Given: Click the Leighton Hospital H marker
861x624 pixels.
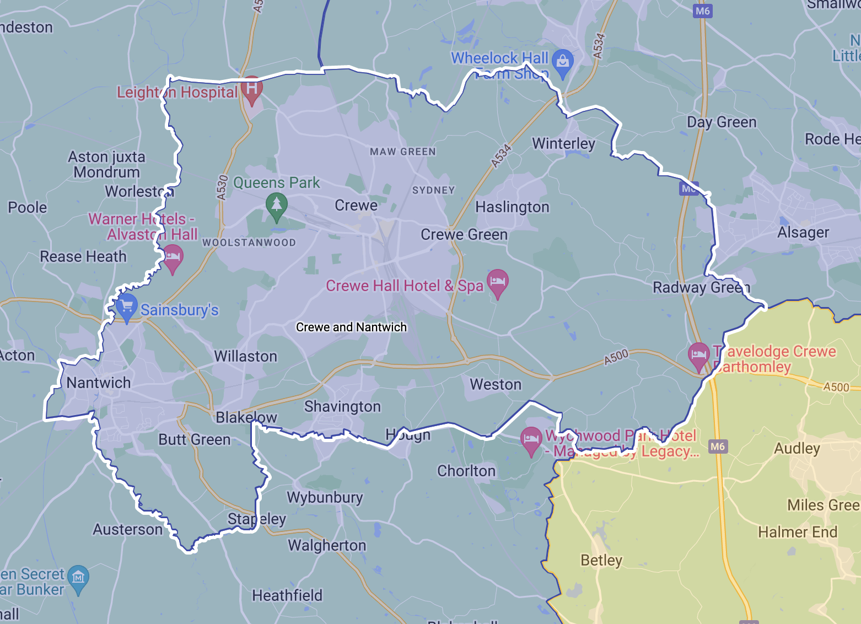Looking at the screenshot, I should coord(251,89).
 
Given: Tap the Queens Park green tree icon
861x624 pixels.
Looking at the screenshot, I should coord(277,205).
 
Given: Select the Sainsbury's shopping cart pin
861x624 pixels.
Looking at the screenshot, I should coord(126,306).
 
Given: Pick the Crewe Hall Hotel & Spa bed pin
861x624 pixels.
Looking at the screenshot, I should coord(497,282).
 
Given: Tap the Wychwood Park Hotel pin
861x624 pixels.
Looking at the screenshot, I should coord(531,440).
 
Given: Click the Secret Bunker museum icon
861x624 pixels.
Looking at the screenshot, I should coord(78,578).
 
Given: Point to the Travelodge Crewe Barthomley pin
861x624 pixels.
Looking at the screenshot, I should coord(699,355).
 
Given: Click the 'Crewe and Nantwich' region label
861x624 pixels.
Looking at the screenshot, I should coord(351,327).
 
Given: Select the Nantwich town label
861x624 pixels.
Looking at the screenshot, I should coord(99,383).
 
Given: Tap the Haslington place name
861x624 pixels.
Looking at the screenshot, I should coord(512,207).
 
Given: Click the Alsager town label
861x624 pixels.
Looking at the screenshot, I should coord(803,232).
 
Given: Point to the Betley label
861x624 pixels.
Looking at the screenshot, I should coord(601,560).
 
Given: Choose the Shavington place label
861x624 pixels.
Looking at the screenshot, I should coord(342,406).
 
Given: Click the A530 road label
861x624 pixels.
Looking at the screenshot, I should coord(222,187).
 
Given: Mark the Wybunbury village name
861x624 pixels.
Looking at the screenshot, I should coord(325,497).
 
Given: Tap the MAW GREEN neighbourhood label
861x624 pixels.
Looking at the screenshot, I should coord(402,152).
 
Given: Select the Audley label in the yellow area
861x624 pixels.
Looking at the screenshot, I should coord(797,448).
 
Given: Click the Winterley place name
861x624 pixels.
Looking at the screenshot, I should coord(563,143).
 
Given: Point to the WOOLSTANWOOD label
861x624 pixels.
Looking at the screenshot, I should coord(249,243).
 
